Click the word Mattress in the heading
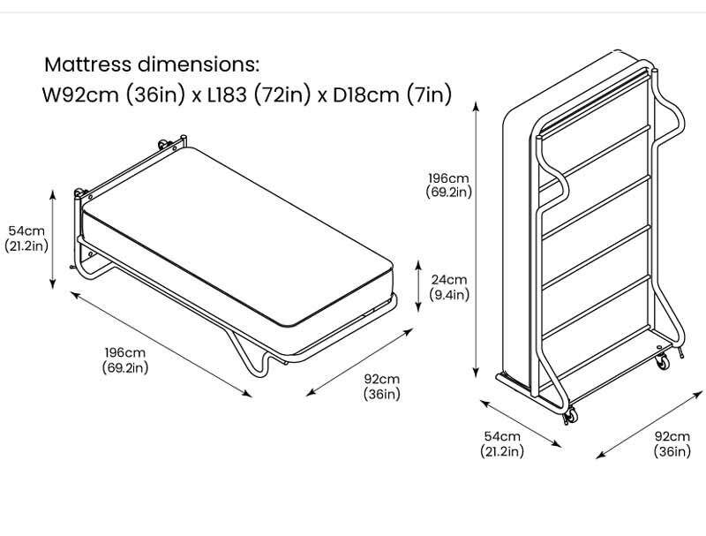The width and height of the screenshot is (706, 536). click(87, 64)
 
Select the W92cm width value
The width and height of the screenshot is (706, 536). click(80, 95)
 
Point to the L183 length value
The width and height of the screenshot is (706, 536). click(227, 95)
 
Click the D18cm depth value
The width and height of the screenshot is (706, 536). click(365, 95)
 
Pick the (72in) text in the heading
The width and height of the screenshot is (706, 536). click(282, 95)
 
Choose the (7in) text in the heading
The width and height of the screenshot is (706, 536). click(429, 95)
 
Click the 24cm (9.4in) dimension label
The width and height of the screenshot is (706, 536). click(449, 287)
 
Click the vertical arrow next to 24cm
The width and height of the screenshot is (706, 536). click(418, 286)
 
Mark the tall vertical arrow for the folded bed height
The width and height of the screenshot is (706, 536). click(476, 239)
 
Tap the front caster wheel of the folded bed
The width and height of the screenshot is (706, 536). click(570, 415)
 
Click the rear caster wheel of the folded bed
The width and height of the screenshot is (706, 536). click(662, 361)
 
